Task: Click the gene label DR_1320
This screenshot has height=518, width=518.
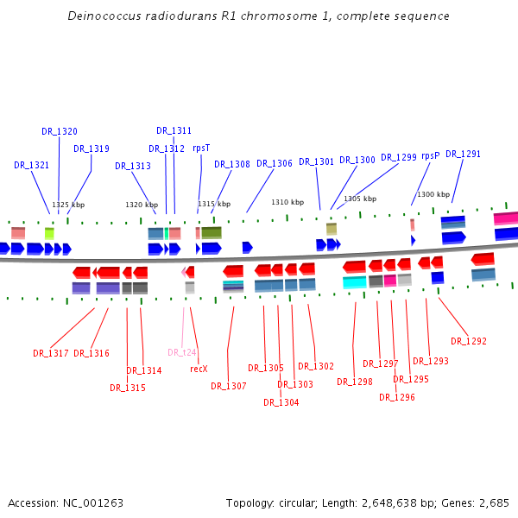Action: point(59,131)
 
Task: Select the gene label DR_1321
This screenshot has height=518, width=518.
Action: point(31,165)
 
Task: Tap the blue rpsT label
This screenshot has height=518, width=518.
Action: point(201,148)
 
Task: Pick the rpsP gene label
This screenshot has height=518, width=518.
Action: point(430,155)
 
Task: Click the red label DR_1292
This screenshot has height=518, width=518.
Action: point(469,341)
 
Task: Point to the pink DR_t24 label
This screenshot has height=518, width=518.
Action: point(182,352)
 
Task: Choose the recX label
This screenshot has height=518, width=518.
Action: point(199,369)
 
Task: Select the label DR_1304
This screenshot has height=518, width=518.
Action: point(281,401)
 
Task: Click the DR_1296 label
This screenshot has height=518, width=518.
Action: point(396,397)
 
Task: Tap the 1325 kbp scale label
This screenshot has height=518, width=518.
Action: point(68,205)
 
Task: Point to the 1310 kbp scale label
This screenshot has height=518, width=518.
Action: point(287,202)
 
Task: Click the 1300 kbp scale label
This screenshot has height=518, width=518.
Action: point(433,194)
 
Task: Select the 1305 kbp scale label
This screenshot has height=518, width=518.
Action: point(360,199)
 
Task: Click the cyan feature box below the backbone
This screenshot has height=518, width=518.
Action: point(354,281)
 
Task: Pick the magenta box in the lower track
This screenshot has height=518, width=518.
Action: point(390,280)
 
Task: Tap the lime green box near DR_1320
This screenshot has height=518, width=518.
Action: point(49,233)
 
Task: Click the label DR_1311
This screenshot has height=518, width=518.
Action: point(174,130)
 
